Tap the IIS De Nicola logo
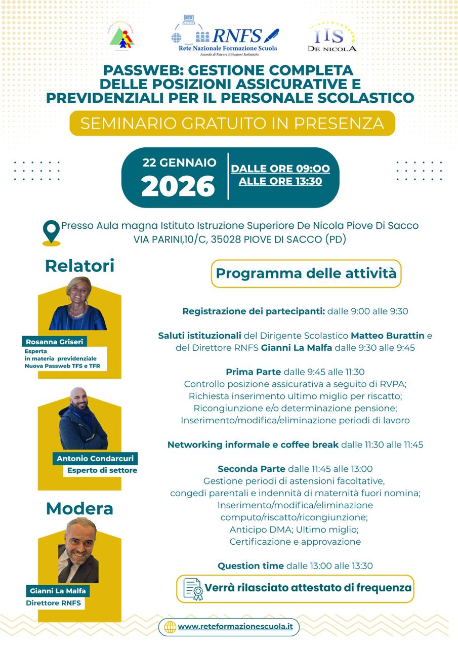[332, 37]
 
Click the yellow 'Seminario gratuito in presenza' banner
[232, 123]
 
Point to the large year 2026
[178, 186]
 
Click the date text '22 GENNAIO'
[179, 163]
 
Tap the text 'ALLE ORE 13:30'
[280, 181]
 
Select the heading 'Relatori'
[79, 265]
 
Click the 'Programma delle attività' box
[306, 273]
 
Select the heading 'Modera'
[79, 508]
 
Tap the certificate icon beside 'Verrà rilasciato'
[193, 589]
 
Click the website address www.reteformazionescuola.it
[235, 627]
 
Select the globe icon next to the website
[170, 627]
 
